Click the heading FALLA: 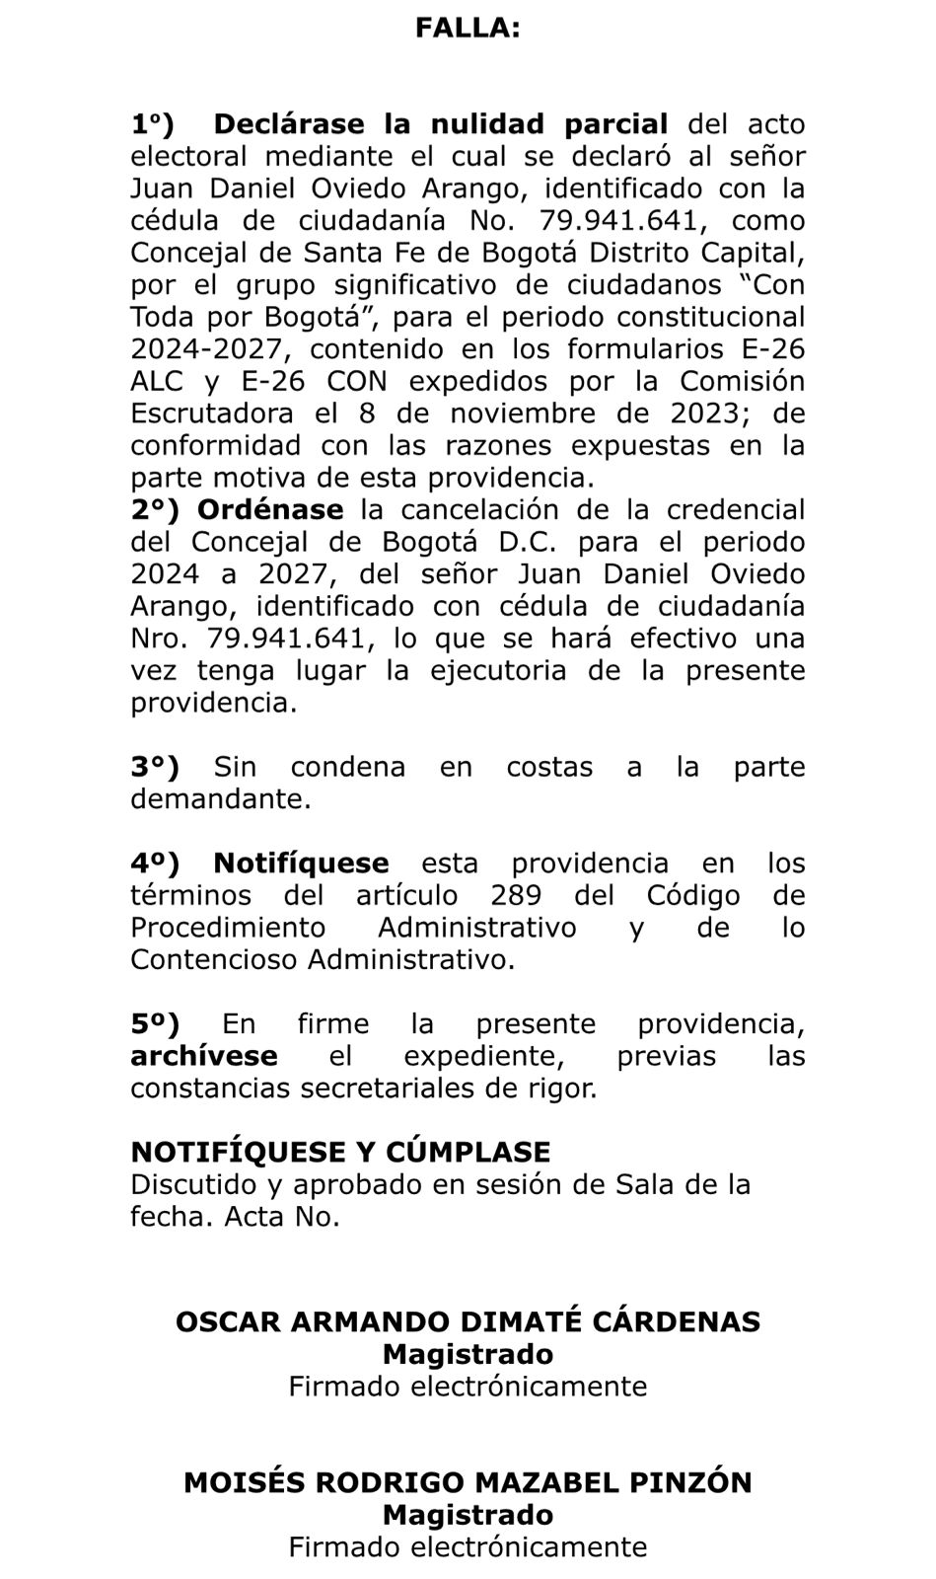[x=468, y=29]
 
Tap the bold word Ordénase [x=270, y=510]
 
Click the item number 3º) [x=156, y=767]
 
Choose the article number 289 [x=521, y=896]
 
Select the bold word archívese [x=203, y=1056]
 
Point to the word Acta [x=254, y=1216]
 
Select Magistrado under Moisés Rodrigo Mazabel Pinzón [x=468, y=1515]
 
